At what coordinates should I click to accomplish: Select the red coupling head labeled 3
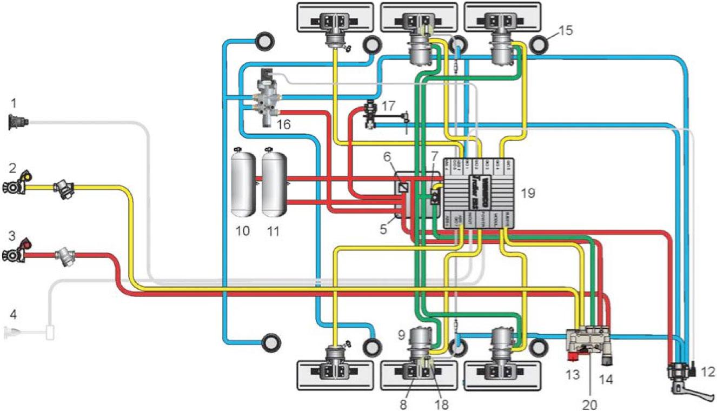click(16, 250)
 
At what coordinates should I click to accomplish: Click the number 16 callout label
click(282, 124)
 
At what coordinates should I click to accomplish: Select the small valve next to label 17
click(371, 114)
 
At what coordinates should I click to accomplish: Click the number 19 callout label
click(528, 193)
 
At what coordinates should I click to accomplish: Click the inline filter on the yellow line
click(65, 188)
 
